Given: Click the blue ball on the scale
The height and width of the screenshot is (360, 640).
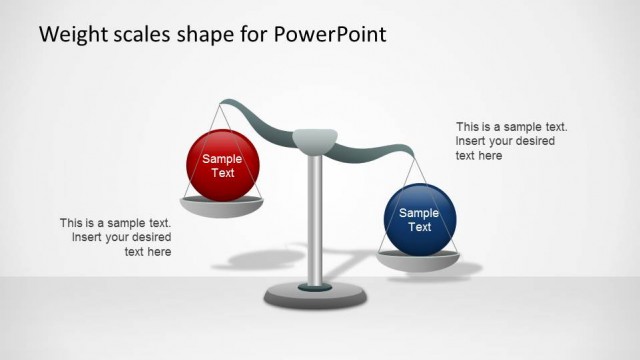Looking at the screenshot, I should coord(420,220).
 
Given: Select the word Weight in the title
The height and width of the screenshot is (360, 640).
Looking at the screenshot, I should coord(68,34).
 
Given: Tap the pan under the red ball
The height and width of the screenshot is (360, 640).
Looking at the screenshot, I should coord(223,206).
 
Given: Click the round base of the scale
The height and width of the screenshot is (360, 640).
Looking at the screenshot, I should coord(315,296).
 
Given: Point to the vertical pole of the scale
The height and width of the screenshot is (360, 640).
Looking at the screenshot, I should coord(315,220).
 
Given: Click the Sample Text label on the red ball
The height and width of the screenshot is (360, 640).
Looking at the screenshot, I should coord(223,166).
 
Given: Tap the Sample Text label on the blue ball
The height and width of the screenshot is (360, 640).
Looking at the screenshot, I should coord(419,220).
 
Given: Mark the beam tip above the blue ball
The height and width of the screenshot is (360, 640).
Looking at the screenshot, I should coord(409,151).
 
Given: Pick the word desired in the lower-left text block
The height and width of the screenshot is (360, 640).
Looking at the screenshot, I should coord(149,238).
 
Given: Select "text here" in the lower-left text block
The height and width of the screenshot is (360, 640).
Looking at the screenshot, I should coord(148,252).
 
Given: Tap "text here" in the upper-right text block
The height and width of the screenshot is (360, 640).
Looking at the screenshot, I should coord(479,156).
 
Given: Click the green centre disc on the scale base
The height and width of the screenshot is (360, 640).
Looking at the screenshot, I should coord(315,288).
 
